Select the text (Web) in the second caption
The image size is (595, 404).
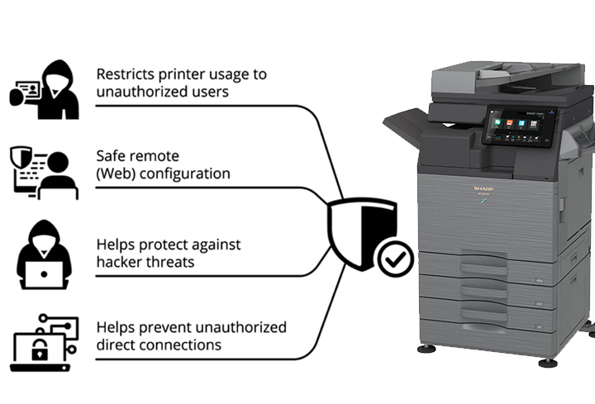[118, 173]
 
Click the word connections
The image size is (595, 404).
[181, 345]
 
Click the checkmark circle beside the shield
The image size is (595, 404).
[395, 260]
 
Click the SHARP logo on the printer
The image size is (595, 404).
[482, 189]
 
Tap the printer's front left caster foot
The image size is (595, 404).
[426, 348]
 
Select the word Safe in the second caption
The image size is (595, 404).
[112, 156]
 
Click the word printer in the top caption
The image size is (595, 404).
[177, 74]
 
